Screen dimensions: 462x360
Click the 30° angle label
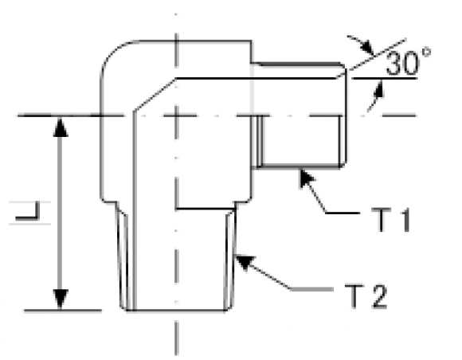point(408,61)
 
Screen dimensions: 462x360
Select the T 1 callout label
point(390,219)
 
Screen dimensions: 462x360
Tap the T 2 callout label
point(366,296)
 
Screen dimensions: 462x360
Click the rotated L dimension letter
point(28,211)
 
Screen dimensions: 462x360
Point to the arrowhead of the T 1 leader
point(307,178)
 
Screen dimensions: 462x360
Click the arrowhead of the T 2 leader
point(245,262)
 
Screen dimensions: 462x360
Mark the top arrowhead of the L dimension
point(61,127)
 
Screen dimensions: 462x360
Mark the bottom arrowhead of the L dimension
point(61,299)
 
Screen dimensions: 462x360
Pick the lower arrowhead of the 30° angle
point(378,89)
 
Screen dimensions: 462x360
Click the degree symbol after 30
point(426,53)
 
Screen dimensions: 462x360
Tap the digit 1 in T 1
point(405,219)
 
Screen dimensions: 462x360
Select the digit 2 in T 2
point(379,296)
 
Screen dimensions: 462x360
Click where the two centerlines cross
point(176,115)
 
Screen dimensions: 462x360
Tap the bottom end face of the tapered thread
point(176,310)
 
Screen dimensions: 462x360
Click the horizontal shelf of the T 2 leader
point(311,289)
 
